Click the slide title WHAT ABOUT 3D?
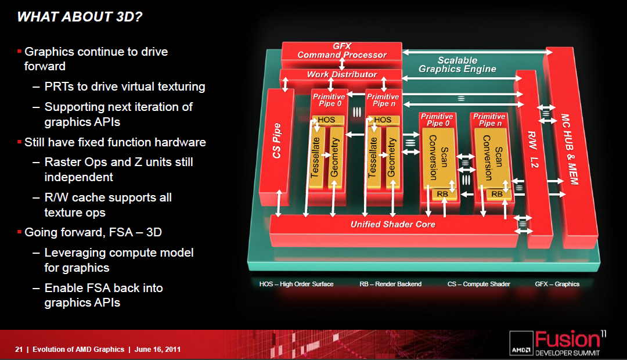(80, 17)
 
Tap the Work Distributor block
(341, 74)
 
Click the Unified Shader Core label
(392, 224)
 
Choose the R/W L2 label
(533, 149)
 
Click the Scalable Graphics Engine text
(457, 65)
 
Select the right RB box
(498, 194)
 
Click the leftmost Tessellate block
(316, 157)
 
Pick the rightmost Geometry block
(391, 157)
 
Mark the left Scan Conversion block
(439, 157)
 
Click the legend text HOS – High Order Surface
(296, 284)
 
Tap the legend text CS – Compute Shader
(478, 284)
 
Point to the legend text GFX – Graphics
(557, 284)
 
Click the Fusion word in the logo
(567, 340)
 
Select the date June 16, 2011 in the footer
(157, 349)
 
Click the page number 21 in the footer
(19, 349)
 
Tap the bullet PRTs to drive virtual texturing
(125, 87)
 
